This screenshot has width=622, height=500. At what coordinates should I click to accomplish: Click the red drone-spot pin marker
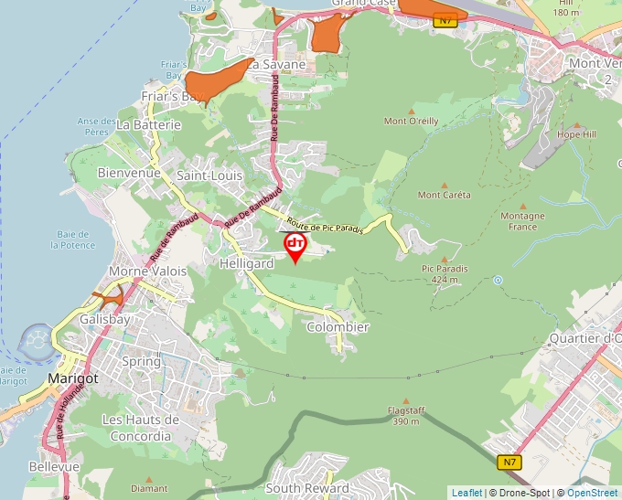295,246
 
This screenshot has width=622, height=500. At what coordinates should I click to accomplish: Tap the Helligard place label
247,263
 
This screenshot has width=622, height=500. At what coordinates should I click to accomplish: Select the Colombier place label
338,327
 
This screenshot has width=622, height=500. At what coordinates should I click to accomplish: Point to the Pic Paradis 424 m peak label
445,273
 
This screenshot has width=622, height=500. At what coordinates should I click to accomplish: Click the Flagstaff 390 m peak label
406,416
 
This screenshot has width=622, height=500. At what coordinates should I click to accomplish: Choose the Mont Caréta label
445,195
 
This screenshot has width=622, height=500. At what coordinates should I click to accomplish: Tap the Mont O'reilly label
411,121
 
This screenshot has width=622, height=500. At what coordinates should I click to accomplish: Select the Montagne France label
522,221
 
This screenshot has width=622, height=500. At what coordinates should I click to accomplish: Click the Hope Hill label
576,134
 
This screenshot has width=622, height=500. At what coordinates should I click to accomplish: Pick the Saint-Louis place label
209,175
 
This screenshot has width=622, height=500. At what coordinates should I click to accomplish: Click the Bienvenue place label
129,172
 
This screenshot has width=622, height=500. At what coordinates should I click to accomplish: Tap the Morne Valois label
147,271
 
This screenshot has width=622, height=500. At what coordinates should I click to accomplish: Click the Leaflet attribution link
466,493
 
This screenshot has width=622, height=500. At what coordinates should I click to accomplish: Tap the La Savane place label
275,65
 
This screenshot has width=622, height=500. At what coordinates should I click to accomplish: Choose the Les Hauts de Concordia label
141,428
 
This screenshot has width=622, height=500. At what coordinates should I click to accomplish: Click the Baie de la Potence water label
73,239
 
